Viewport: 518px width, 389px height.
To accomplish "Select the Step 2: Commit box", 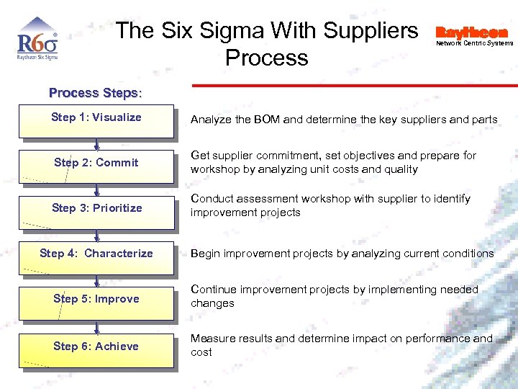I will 96,165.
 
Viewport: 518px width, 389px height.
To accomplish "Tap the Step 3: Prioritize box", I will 96,210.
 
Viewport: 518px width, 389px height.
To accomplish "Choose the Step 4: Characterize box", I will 96,256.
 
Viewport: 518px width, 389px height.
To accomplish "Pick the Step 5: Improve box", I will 96,301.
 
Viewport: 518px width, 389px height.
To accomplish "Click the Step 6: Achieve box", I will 96,349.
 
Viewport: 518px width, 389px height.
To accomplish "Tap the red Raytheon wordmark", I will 471,32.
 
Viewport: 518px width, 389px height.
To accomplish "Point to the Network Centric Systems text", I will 475,43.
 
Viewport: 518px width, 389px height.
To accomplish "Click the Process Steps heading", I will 96,93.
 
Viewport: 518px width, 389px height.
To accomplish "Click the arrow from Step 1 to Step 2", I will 96,143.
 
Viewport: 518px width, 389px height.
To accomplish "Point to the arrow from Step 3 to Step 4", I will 96,234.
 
